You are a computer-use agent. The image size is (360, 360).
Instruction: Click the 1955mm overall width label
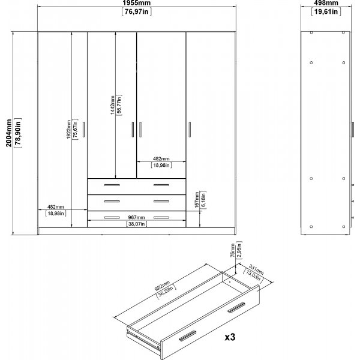pyautogui.click(x=136, y=3)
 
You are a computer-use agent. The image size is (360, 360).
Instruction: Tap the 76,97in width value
pyautogui.click(x=136, y=11)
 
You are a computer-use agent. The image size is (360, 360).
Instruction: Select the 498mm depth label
pyautogui.click(x=326, y=3)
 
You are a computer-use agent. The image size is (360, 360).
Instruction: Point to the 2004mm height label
pyautogui.click(x=9, y=133)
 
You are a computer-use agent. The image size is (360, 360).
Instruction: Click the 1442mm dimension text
pyautogui.click(x=112, y=105)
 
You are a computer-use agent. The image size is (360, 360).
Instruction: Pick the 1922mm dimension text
pyautogui.click(x=68, y=129)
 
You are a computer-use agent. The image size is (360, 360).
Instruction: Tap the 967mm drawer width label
pyautogui.click(x=137, y=217)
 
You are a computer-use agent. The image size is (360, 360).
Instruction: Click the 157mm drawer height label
pyautogui.click(x=197, y=200)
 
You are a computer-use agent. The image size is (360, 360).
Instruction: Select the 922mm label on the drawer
pyautogui.click(x=161, y=286)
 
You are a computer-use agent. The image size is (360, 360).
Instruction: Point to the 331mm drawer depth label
pyautogui.click(x=256, y=270)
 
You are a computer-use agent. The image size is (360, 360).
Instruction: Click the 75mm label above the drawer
pyautogui.click(x=233, y=250)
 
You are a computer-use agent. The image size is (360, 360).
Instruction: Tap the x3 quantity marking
pyautogui.click(x=230, y=337)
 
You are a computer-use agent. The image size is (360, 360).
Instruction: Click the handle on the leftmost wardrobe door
pyautogui.click(x=83, y=130)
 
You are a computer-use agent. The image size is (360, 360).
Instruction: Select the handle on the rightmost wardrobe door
pyautogui.click(x=190, y=130)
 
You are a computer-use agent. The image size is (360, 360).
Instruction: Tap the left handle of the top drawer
pyautogui.click(x=112, y=185)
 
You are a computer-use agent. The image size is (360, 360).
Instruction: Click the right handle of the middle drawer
pyautogui.click(x=161, y=202)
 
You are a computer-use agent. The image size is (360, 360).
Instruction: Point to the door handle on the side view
pyautogui.click(x=352, y=130)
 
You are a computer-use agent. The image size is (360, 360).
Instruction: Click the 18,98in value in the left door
pyautogui.click(x=56, y=213)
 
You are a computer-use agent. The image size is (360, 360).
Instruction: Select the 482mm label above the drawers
pyautogui.click(x=161, y=158)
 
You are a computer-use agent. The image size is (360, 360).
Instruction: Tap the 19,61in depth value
pyautogui.click(x=326, y=11)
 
